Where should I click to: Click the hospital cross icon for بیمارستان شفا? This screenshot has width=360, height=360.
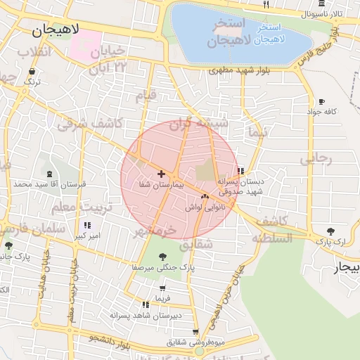tap(162, 173)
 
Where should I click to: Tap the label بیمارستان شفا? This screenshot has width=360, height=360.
tap(161, 184)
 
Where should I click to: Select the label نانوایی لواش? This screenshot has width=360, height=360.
tap(205, 207)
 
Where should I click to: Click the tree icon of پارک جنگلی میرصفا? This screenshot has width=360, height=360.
tap(163, 257)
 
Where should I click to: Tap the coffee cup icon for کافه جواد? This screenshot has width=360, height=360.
tap(322, 101)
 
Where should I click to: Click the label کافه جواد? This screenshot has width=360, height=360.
tap(322, 112)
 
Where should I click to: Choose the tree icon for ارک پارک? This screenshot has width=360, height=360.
tap(330, 231)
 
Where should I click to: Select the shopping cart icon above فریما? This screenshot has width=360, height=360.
tap(163, 288)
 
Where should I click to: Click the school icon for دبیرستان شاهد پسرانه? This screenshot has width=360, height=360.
tap(145, 304)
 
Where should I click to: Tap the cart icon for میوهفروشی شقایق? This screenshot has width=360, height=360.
tap(195, 332)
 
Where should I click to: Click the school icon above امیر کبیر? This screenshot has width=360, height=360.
tap(87, 225)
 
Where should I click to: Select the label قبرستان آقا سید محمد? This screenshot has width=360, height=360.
tap(49, 184)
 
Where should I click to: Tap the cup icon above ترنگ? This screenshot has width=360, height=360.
tap(32, 72)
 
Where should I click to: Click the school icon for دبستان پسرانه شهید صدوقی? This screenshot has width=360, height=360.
tap(241, 170)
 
